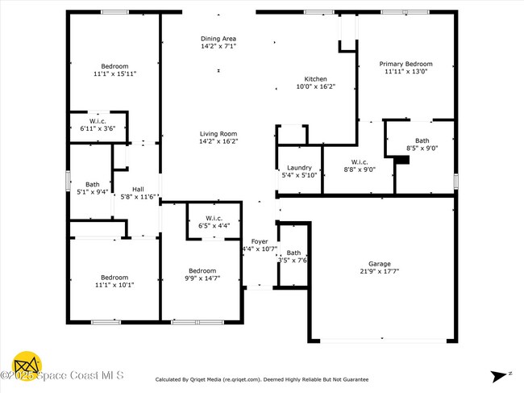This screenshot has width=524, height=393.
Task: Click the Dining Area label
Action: click(x=218, y=39)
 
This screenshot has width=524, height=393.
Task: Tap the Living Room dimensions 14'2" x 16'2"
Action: click(x=218, y=141)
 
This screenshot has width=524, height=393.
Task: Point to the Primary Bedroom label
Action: click(x=407, y=64)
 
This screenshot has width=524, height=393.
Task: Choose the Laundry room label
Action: click(x=300, y=168)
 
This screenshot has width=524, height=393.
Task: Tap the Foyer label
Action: click(x=260, y=241)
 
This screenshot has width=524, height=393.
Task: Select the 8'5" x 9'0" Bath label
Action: click(x=422, y=140)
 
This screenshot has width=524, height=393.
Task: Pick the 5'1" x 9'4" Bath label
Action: click(x=92, y=184)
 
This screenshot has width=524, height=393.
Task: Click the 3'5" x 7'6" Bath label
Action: click(x=293, y=253)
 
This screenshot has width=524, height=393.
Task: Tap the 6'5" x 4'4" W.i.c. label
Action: click(x=214, y=218)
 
